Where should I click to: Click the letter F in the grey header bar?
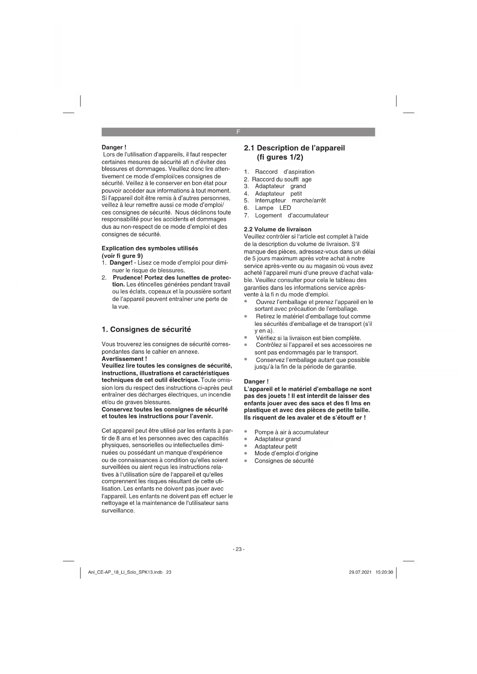click(238, 132)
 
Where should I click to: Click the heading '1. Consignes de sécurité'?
click(146, 329)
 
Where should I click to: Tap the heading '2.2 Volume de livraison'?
click(278, 229)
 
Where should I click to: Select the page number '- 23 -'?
click(238, 549)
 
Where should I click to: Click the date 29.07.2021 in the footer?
click(360, 572)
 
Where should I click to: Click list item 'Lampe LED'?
click(273, 208)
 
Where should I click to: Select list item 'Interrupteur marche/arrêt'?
click(290, 201)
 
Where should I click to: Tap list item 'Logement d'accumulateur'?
click(291, 216)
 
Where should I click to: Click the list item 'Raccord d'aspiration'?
click(284, 172)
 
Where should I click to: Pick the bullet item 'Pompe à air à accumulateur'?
click(291, 432)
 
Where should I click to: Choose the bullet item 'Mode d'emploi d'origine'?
click(286, 453)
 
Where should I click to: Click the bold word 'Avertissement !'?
click(124, 359)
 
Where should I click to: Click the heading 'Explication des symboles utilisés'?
click(150, 248)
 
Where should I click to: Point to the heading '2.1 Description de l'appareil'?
click(294, 148)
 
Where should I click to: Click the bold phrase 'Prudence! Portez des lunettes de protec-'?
click(171, 277)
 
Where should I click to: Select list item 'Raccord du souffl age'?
click(281, 179)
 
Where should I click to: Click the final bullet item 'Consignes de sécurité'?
click(284, 461)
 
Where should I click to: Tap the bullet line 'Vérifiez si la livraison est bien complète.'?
click(308, 338)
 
